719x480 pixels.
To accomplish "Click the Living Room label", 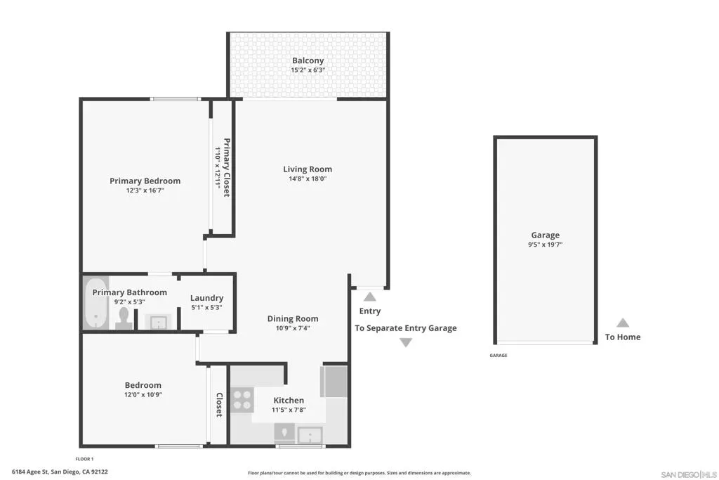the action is tap(308, 169).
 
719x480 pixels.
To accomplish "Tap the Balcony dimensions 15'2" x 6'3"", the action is tap(308, 70).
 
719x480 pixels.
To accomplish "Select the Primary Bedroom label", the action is tap(145, 181).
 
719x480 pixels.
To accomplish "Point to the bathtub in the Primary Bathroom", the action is tap(95, 304).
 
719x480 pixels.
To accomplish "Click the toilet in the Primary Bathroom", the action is tap(124, 318).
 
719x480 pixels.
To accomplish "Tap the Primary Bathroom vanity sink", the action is tap(159, 322).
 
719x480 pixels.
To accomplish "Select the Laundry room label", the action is tap(207, 298).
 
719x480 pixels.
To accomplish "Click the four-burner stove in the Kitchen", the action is tap(242, 400).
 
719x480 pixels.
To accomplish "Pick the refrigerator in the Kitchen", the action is tap(335, 382).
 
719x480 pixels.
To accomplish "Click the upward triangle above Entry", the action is tap(370, 297).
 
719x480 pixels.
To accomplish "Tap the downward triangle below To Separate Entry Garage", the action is tap(406, 342).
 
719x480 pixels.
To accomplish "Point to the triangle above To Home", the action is tap(623, 323).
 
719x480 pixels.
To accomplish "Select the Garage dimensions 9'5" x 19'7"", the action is tap(545, 245).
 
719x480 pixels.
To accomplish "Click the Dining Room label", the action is tap(293, 319).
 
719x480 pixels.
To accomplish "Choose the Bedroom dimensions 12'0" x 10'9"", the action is tap(143, 395).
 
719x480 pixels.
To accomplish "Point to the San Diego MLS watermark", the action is tap(689, 474).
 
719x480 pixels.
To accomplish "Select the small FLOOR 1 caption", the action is tap(84, 459).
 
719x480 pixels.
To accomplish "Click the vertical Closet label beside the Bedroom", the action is tap(219, 405).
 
